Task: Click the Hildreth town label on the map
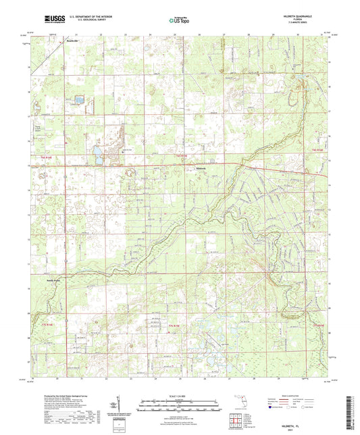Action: [x=202, y=168]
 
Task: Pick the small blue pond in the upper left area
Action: [x=78, y=99]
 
